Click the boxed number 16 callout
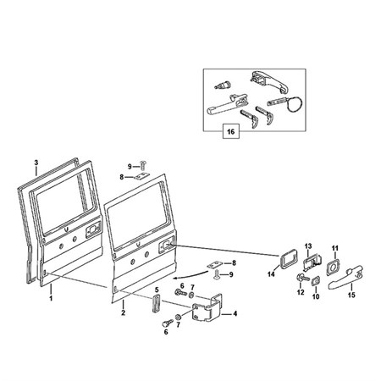[231, 131]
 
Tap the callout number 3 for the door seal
[36, 163]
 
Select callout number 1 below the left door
[51, 298]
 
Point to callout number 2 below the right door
[124, 312]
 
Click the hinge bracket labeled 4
[207, 307]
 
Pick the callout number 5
[157, 290]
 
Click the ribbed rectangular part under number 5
[156, 303]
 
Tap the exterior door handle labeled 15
[345, 277]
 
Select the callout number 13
[308, 246]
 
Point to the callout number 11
[335, 248]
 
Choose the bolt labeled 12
[303, 278]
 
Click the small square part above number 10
[316, 281]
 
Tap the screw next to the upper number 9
[143, 163]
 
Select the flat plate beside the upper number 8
[141, 177]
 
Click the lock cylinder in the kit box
[223, 85]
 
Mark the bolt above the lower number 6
[168, 323]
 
